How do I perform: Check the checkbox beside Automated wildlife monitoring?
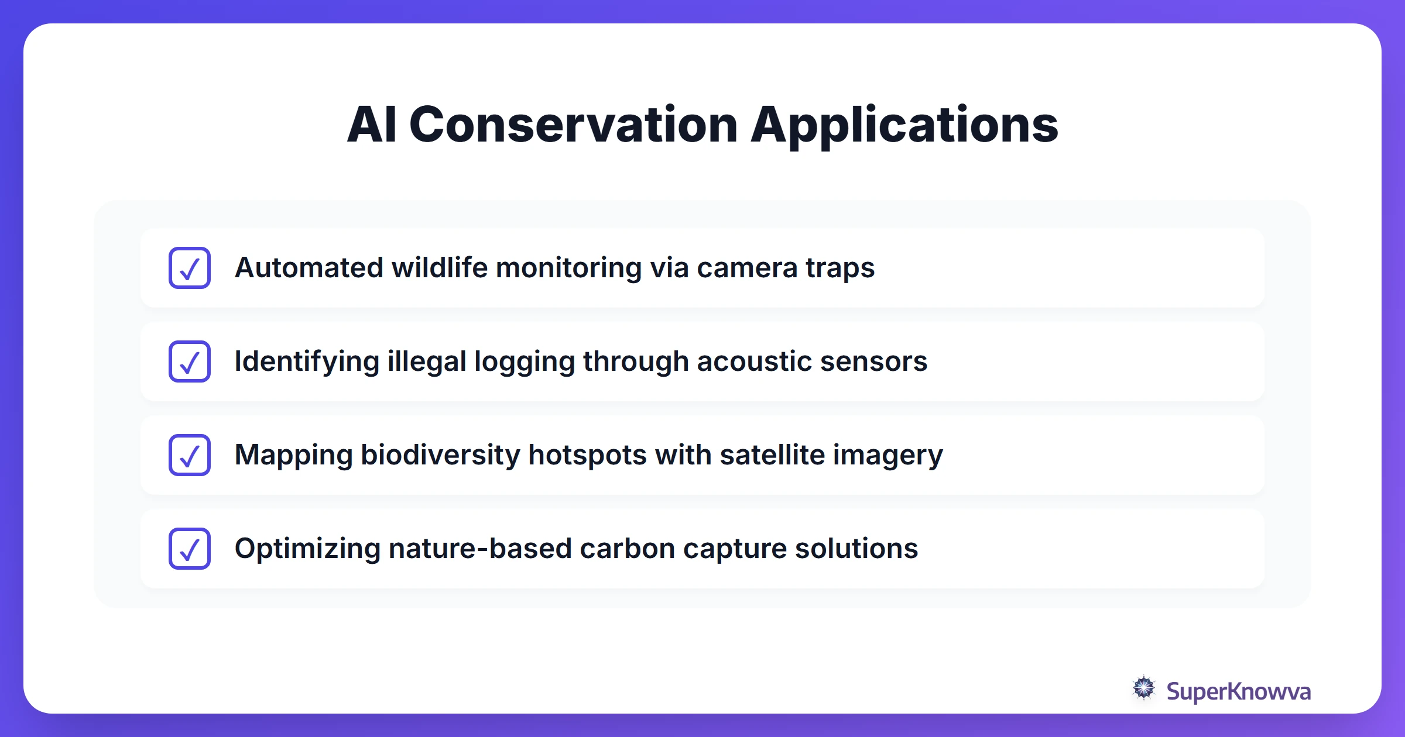coord(190,268)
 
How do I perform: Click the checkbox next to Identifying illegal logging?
coord(190,361)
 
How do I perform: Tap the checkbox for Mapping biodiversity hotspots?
coord(190,455)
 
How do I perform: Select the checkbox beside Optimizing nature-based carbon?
coord(190,549)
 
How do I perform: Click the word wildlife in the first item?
coord(439,268)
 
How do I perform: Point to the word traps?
coord(839,268)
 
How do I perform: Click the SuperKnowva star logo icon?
coord(1143,688)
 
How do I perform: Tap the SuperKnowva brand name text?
coord(1238,691)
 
